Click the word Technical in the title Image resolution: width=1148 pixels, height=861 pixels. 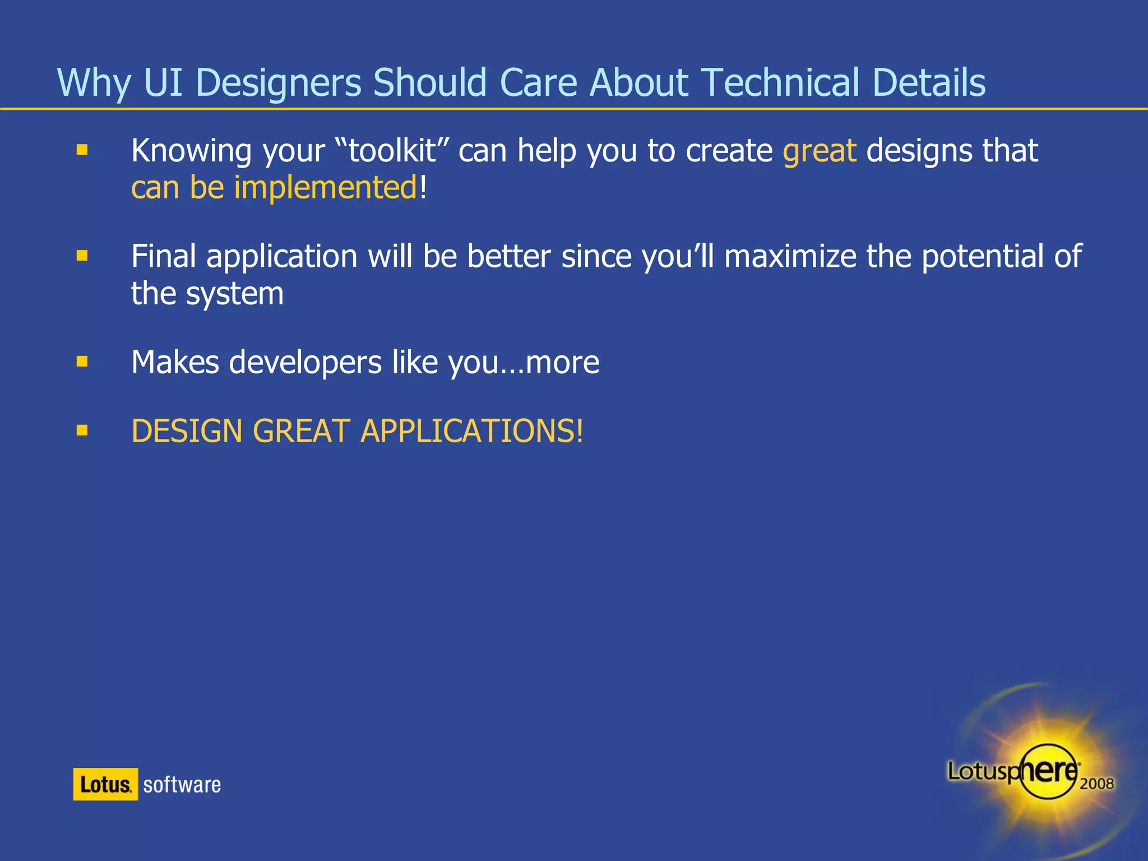780,82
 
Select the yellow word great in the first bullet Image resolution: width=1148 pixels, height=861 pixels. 820,151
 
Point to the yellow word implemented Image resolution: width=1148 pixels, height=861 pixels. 326,188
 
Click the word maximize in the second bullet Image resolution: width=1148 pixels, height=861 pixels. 790,257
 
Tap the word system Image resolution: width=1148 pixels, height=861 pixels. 235,294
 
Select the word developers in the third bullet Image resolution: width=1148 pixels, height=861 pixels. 305,362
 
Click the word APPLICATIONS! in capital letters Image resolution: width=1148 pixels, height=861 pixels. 472,431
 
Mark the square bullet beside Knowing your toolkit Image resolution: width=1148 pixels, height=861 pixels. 82,150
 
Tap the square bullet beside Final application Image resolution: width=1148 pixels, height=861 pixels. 82,256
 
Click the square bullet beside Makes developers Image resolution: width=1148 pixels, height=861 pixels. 82,362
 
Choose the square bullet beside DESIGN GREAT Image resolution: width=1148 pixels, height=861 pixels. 82,430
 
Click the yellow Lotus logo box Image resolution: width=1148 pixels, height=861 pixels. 105,784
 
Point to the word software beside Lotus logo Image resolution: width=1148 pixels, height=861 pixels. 182,785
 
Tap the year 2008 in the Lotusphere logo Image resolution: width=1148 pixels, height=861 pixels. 1096,783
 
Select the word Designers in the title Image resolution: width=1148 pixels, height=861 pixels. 279,82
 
